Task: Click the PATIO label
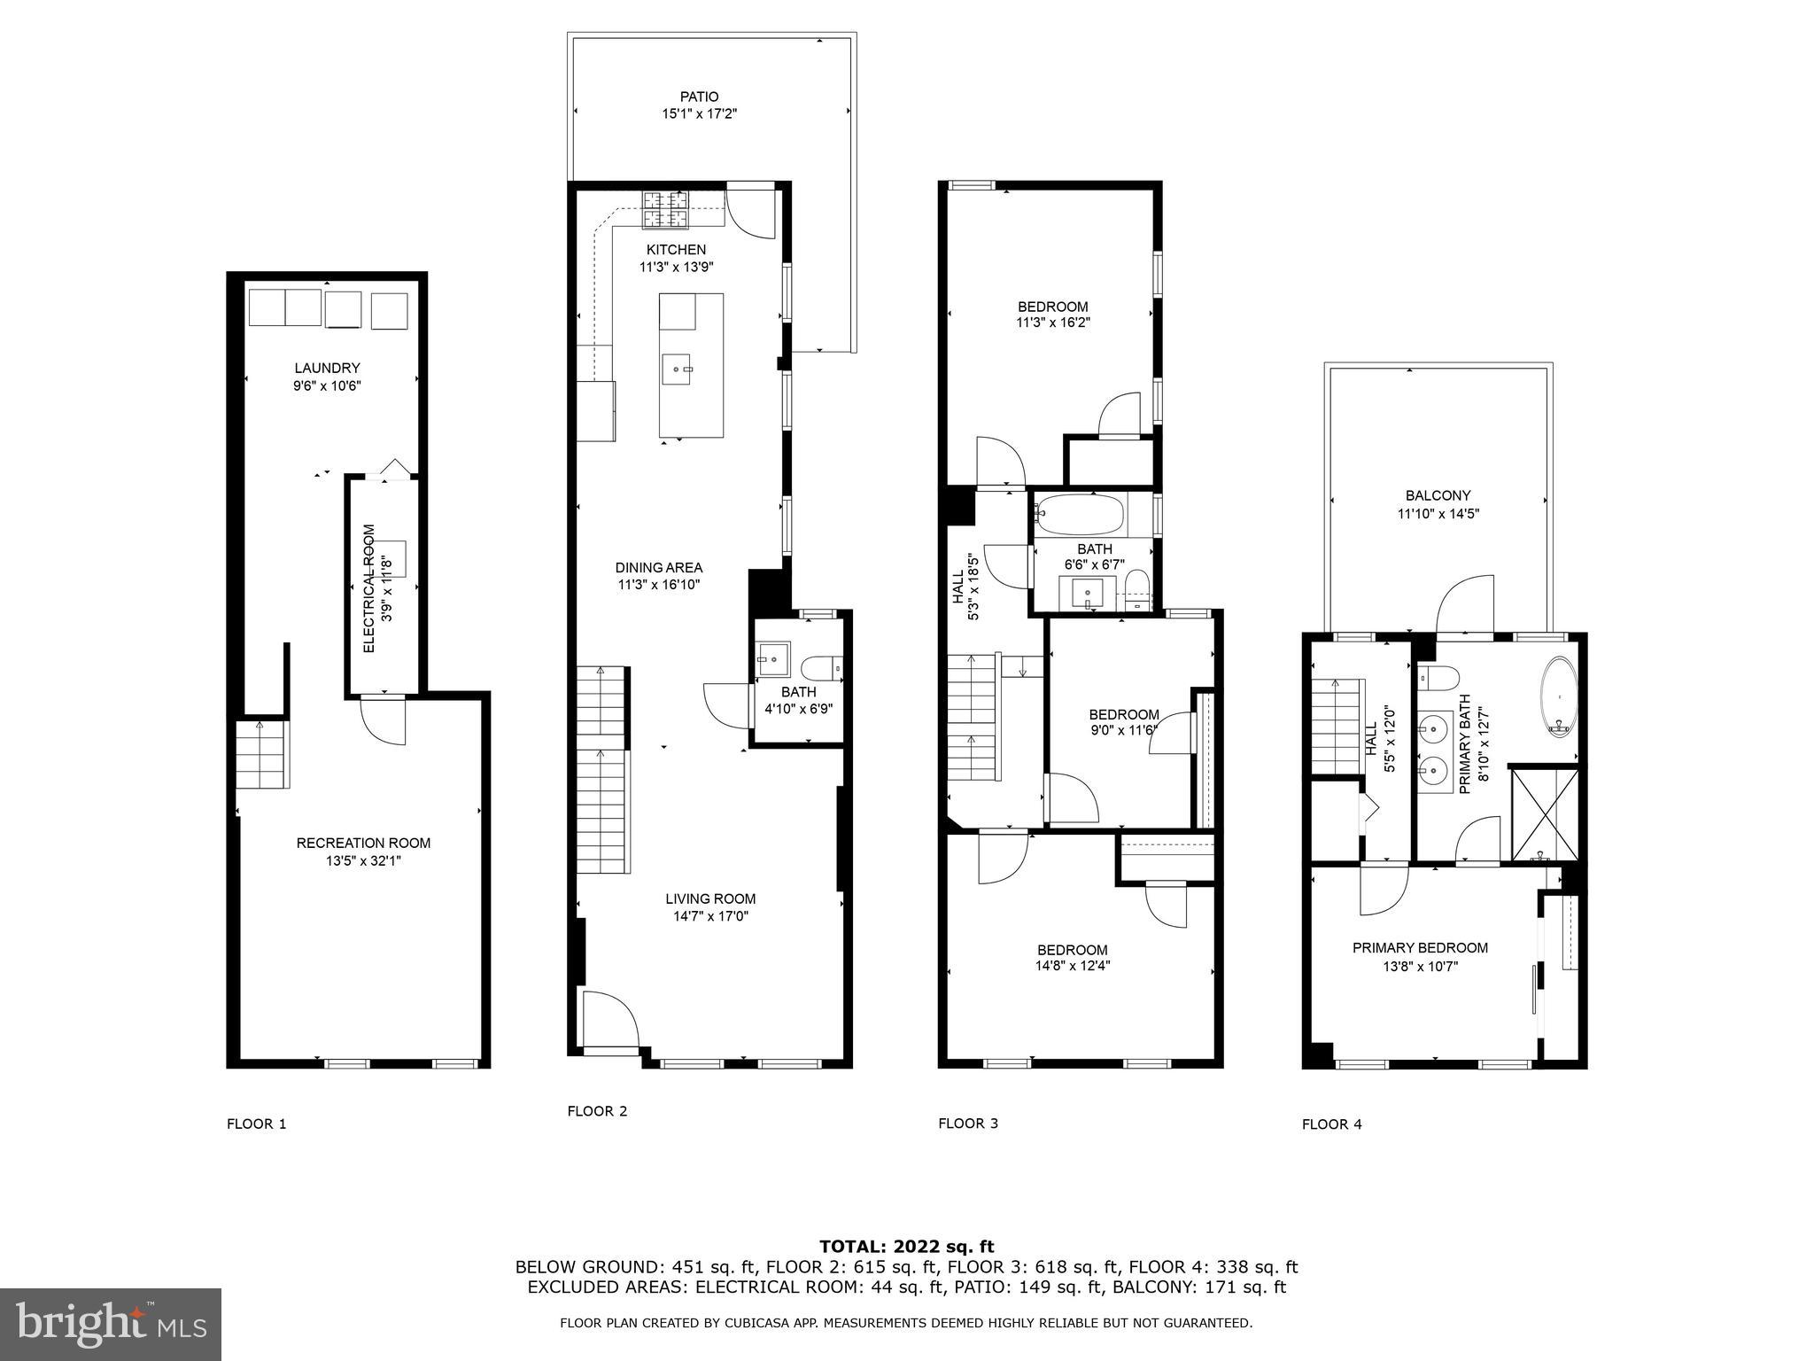[699, 97]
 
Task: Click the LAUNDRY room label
[327, 368]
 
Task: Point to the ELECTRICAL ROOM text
[370, 588]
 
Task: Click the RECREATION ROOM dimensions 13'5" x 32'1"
[363, 860]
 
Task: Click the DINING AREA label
[659, 568]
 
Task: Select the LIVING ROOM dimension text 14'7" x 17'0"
[710, 916]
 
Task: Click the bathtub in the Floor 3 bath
[1080, 515]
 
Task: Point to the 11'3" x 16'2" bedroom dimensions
[1052, 323]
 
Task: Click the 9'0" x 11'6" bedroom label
[1123, 715]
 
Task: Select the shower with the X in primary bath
[1545, 813]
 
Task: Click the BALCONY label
[1438, 496]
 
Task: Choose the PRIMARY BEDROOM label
[1420, 948]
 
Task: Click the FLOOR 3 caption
[968, 1124]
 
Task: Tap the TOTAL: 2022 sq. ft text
[906, 1247]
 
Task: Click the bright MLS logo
[111, 1324]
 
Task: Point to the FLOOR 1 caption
[257, 1124]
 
